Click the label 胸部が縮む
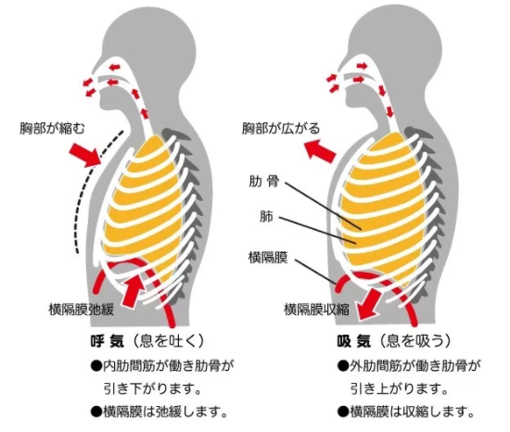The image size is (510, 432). click(52, 129)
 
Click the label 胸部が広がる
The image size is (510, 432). click(281, 129)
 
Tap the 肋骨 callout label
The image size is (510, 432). click(264, 182)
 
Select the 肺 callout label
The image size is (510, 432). click(266, 216)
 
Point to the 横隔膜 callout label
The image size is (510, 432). click(268, 257)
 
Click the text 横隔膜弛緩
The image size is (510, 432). click(82, 309)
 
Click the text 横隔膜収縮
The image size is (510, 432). click(317, 309)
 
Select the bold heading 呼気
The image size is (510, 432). click(107, 341)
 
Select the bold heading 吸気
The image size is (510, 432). click(353, 341)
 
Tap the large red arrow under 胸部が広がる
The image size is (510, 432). click(320, 150)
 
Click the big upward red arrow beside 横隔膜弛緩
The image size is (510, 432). click(134, 290)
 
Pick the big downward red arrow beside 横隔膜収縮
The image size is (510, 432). click(370, 305)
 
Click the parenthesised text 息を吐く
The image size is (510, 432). click(169, 341)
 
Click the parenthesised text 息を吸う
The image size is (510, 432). click(415, 341)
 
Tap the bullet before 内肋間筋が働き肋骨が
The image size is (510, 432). click(96, 366)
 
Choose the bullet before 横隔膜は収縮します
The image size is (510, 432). click(343, 412)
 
